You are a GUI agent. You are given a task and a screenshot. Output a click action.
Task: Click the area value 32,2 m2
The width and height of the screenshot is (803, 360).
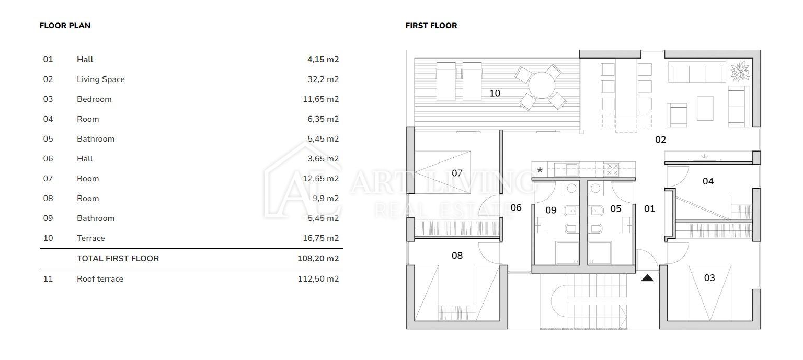[323, 79]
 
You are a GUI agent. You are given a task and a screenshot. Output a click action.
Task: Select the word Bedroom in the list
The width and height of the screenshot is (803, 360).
[94, 99]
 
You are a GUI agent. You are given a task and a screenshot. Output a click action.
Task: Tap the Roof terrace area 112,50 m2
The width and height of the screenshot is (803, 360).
[318, 278]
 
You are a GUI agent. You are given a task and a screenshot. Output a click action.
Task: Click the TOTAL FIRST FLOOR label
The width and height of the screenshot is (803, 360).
[118, 258]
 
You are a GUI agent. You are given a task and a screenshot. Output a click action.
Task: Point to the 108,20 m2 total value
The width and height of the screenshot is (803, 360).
[318, 258]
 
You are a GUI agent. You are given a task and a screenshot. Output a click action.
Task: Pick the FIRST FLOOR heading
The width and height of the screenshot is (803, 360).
[431, 26]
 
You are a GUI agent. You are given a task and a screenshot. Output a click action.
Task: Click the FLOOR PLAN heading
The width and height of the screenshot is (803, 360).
[65, 26]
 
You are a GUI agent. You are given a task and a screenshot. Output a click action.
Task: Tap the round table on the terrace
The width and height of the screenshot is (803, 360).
[542, 85]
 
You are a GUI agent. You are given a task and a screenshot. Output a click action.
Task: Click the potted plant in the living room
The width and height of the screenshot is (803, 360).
[740, 71]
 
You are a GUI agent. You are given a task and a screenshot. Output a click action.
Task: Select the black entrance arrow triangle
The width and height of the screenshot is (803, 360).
[647, 277]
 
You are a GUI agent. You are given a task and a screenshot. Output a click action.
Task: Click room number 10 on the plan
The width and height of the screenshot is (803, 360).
[495, 93]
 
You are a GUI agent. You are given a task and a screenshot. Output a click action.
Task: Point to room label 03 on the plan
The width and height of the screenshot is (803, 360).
[709, 277]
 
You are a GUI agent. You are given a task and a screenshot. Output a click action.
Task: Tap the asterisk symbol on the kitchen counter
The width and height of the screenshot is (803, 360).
[540, 170]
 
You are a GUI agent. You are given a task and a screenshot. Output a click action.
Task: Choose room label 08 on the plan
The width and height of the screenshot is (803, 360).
[457, 256]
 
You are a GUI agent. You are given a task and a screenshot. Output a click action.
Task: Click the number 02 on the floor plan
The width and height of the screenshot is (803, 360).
[660, 140]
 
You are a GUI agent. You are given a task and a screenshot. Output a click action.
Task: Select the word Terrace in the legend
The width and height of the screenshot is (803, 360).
[90, 238]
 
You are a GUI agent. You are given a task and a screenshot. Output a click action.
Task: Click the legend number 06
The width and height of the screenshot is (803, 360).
[48, 159]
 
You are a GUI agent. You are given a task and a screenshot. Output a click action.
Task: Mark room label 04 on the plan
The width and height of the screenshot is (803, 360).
[708, 181]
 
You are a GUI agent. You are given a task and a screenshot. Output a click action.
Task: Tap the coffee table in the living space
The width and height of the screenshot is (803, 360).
[705, 108]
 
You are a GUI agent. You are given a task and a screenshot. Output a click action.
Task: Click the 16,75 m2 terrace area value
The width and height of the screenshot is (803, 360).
[321, 238]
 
